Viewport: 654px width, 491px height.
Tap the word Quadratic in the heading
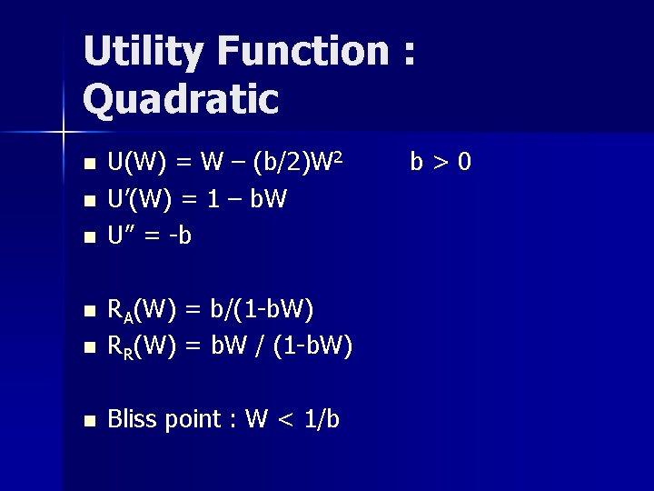[x=181, y=98]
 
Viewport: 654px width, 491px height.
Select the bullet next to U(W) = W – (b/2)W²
[x=88, y=165]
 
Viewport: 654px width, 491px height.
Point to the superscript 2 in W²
[x=336, y=157]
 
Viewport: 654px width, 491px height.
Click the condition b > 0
[x=441, y=163]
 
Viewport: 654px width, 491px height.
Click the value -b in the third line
[x=180, y=236]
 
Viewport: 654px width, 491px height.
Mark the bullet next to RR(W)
[x=88, y=348]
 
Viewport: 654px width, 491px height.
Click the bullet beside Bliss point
[x=88, y=421]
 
